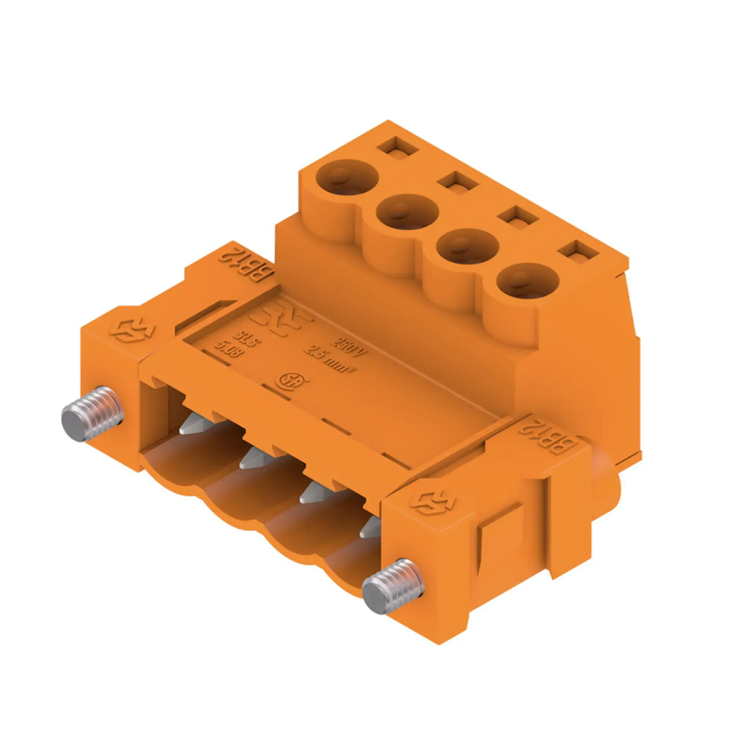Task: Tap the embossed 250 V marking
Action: (x=350, y=346)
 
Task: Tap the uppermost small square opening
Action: (x=397, y=147)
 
